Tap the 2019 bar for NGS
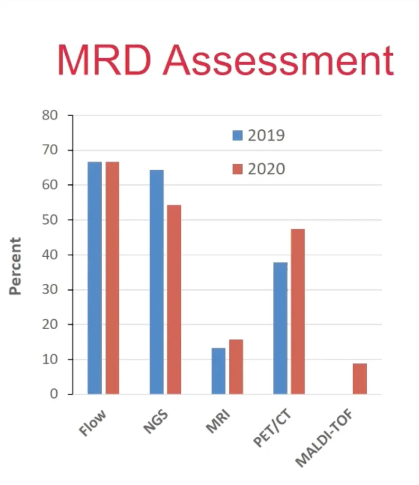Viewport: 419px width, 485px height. coord(157,282)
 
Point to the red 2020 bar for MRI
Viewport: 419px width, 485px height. coord(236,367)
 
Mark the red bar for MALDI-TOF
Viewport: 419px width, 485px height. coord(359,379)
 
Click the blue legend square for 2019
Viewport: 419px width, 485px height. coord(237,135)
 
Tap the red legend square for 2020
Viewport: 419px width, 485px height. coord(237,169)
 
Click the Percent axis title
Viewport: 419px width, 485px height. coord(16,266)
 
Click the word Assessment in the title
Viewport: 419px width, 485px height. coord(279,60)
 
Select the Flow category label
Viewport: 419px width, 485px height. coord(93,422)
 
